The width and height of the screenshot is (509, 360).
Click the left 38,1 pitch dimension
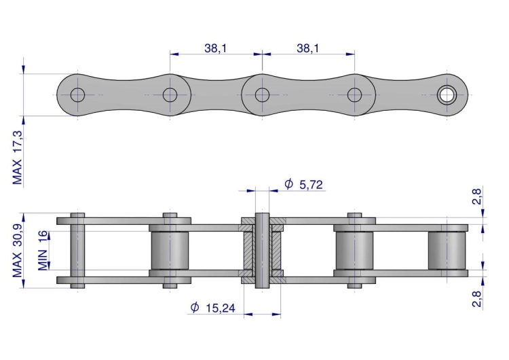click(x=216, y=48)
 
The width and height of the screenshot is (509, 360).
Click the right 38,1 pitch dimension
click(x=307, y=48)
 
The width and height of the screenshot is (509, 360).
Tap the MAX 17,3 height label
click(x=18, y=158)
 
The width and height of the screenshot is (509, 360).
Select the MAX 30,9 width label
click(x=18, y=251)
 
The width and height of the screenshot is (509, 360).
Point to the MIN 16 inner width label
click(x=43, y=251)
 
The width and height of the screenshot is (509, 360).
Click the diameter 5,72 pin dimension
click(x=303, y=185)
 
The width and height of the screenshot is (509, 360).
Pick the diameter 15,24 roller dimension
click(x=212, y=308)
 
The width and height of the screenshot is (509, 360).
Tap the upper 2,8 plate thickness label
click(x=476, y=196)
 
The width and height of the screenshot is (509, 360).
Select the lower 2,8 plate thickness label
click(x=476, y=299)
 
